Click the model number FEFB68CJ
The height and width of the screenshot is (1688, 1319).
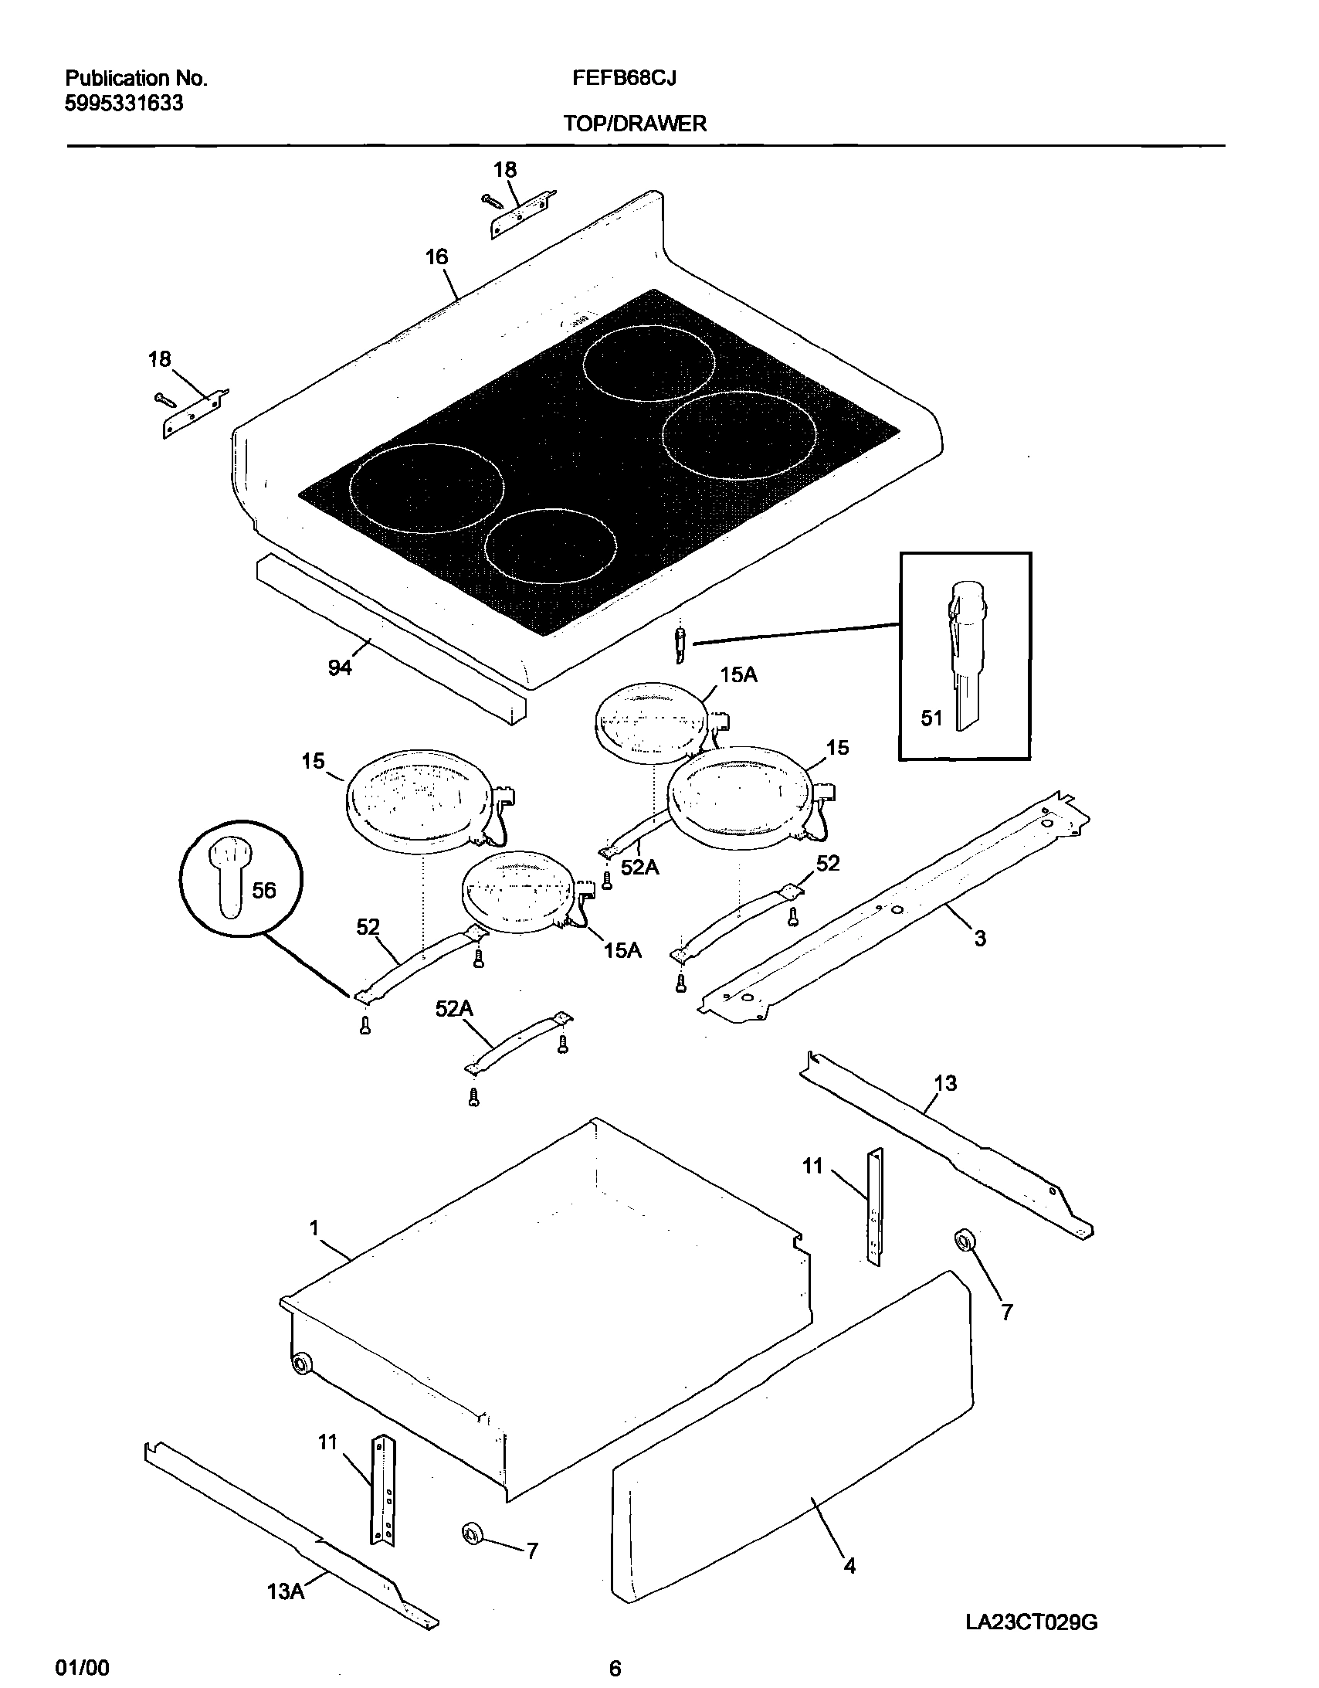[x=624, y=78]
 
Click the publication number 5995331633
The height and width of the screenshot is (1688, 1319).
[x=124, y=104]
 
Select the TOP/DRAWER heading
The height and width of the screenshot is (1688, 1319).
[x=634, y=124]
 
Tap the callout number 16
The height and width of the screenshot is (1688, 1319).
[x=436, y=256]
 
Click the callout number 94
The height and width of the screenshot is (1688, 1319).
[x=340, y=667]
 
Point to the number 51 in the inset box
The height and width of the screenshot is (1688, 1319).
[x=931, y=718]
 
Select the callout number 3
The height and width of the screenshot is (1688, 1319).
[x=980, y=939]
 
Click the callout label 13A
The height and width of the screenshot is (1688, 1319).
[x=285, y=1591]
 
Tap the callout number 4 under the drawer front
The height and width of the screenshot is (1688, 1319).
[x=850, y=1566]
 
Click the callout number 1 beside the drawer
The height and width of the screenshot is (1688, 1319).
[x=314, y=1228]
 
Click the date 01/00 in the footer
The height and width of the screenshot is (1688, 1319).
[x=83, y=1667]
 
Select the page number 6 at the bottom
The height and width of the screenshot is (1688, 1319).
[x=615, y=1668]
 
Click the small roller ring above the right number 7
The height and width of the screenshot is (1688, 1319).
[x=964, y=1241]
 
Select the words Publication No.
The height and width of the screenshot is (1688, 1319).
[x=136, y=78]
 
